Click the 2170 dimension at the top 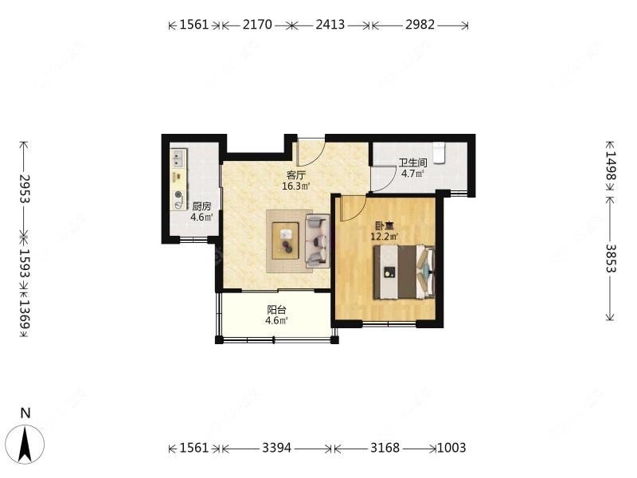(257, 25)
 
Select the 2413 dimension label (330, 25)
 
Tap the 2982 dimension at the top (420, 25)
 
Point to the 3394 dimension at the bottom (276, 448)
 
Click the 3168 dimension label (385, 448)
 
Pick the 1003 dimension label (451, 448)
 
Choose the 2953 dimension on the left (25, 189)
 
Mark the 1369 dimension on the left (25, 314)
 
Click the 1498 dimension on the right (611, 166)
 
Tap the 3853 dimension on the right (611, 258)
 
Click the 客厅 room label (295, 175)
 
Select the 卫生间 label (412, 163)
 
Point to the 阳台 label (276, 310)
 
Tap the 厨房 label (201, 206)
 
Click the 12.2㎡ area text (384, 236)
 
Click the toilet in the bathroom (439, 153)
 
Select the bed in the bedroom (404, 272)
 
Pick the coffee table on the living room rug (286, 241)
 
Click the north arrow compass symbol (26, 445)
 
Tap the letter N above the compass (25, 413)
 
